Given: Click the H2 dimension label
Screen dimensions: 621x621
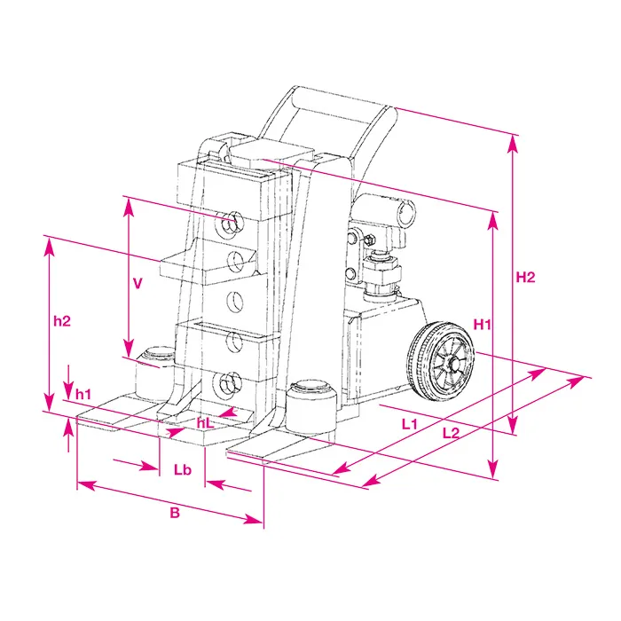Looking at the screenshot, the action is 525,277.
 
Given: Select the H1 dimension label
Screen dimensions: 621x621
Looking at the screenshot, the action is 482,325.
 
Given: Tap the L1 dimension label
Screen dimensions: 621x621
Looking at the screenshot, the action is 410,424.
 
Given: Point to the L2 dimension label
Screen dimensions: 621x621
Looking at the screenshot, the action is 451,433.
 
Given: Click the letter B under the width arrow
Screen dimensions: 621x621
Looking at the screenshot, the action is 175,513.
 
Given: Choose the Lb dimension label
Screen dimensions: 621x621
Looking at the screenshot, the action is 183,469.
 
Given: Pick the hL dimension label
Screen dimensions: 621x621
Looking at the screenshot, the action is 205,423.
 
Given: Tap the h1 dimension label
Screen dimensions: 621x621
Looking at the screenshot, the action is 83,395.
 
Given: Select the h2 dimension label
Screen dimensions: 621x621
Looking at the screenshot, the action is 62,321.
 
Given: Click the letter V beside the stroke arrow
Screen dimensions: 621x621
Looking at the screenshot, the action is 138,284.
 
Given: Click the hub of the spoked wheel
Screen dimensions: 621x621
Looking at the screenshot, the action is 453,363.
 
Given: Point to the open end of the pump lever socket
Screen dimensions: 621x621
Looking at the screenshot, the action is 406,214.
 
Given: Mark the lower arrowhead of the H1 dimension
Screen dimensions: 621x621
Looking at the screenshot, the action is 493,470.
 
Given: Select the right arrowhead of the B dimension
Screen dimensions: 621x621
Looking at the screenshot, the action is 254,519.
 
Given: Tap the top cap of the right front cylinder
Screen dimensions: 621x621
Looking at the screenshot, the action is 310,386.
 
